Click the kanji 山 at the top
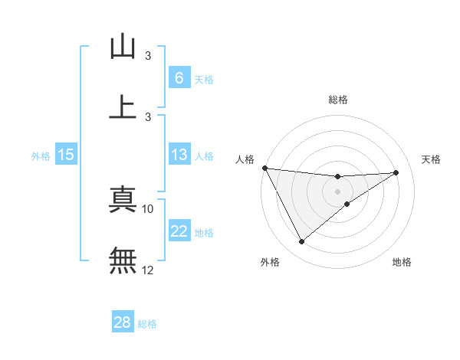pyautogui.click(x=123, y=47)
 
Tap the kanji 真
pyautogui.click(x=123, y=201)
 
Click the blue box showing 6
pyautogui.click(x=179, y=77)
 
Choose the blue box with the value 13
pyautogui.click(x=179, y=155)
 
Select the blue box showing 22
pyautogui.click(x=179, y=231)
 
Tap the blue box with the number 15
pyautogui.click(x=66, y=155)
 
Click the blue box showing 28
pyautogui.click(x=123, y=322)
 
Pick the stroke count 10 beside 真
pyautogui.click(x=148, y=208)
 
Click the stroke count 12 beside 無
pyautogui.click(x=148, y=270)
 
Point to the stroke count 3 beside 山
pyautogui.click(x=148, y=56)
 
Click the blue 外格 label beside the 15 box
pyautogui.click(x=41, y=156)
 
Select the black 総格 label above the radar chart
pyautogui.click(x=337, y=100)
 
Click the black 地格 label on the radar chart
pyautogui.click(x=402, y=263)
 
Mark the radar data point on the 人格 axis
pyautogui.click(x=264, y=168)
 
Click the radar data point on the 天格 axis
pyautogui.click(x=396, y=172)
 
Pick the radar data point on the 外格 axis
pyautogui.click(x=301, y=242)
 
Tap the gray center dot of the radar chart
pyautogui.click(x=337, y=191)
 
